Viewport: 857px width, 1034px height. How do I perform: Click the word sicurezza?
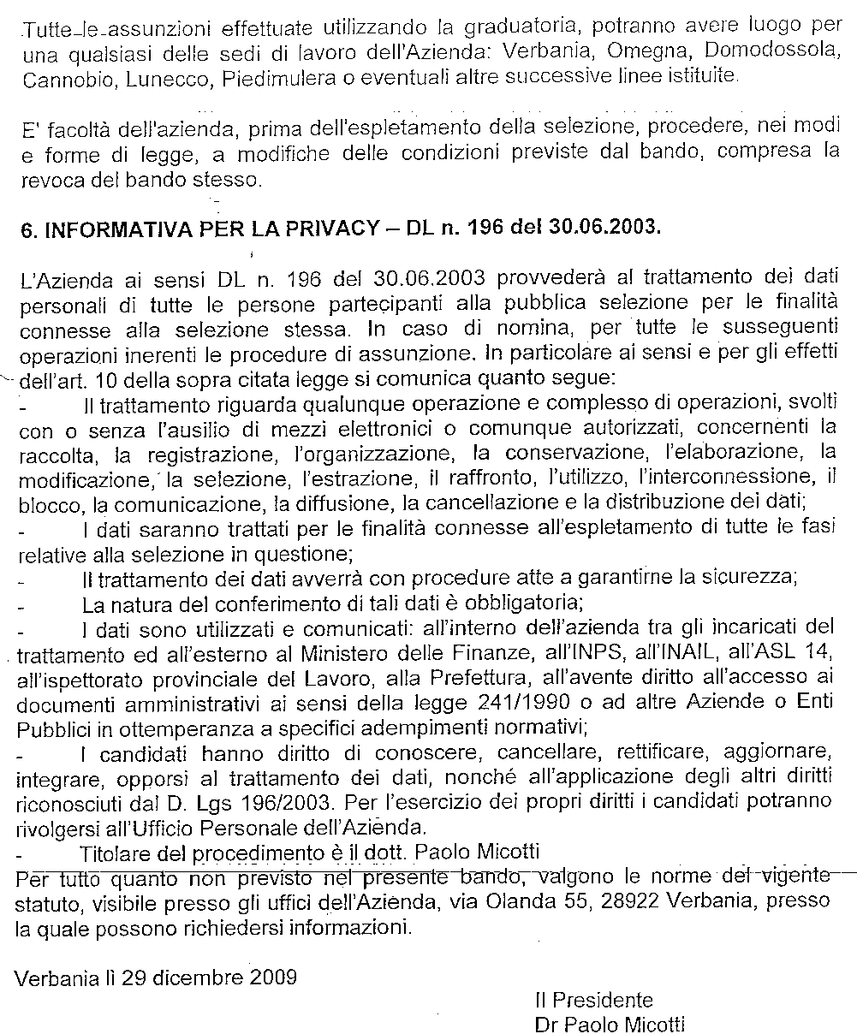tap(743, 577)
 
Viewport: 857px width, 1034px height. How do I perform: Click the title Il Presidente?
tap(592, 1000)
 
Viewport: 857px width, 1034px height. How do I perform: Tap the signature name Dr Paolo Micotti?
tap(609, 1024)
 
